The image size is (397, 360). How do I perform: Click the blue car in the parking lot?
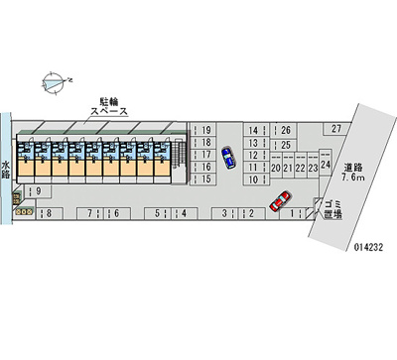[227, 158]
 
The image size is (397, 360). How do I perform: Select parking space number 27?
[337, 129]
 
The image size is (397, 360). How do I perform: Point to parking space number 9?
[37, 191]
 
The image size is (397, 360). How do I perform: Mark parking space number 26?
[286, 130]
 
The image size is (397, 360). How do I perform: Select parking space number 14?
[254, 130]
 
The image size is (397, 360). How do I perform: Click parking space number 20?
[275, 169]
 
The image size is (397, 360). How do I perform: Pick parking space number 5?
[159, 212]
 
